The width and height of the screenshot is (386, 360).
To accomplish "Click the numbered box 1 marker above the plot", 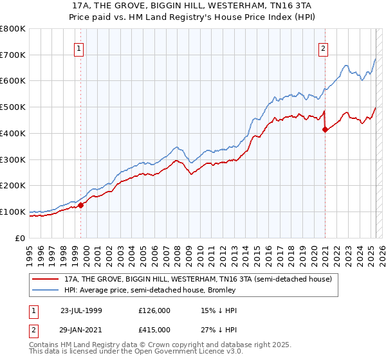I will pyautogui.click(x=78, y=48).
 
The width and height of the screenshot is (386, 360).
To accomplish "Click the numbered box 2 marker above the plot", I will pyautogui.click(x=322, y=48).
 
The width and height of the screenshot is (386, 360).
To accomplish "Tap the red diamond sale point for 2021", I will pyautogui.click(x=325, y=129).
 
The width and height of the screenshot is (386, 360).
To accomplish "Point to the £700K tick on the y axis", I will pyautogui.click(x=14, y=55).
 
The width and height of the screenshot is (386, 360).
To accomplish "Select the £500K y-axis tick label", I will pyautogui.click(x=14, y=107).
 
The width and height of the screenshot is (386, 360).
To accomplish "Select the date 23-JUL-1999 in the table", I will pyautogui.click(x=81, y=310).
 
